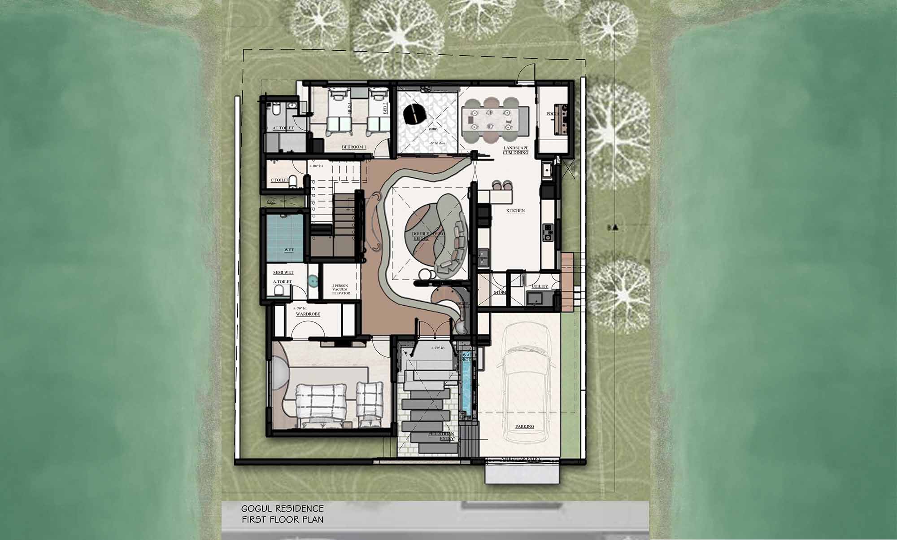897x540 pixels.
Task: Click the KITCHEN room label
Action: click(515, 211)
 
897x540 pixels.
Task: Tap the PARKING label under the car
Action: click(524, 426)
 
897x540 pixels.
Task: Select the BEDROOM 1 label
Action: click(354, 147)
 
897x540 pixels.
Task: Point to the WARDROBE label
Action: click(308, 314)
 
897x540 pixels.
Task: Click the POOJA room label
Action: click(552, 114)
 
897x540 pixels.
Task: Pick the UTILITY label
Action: click(540, 286)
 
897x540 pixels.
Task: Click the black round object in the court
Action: click(415, 114)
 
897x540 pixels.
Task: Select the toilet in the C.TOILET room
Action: click(293, 181)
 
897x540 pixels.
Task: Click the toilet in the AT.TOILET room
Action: click(275, 109)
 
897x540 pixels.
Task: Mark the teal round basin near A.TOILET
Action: click(313, 281)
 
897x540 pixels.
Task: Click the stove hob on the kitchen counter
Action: click(548, 232)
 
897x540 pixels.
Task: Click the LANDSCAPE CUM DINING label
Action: click(516, 150)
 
